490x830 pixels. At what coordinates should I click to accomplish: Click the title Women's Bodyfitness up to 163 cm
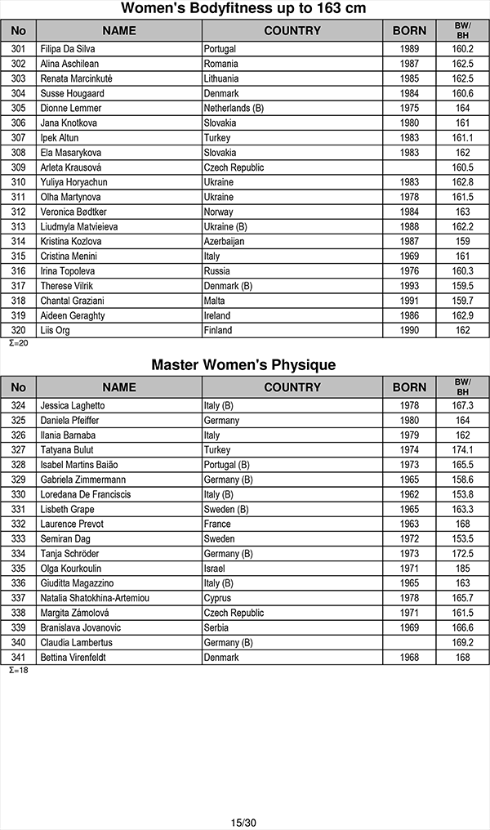click(243, 9)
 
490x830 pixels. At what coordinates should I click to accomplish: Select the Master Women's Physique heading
click(243, 365)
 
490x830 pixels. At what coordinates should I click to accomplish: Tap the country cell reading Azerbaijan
click(225, 242)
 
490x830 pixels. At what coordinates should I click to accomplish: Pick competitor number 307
click(19, 138)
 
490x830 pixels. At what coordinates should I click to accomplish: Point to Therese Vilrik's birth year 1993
click(409, 286)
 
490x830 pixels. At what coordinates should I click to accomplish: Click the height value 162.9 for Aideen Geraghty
click(462, 315)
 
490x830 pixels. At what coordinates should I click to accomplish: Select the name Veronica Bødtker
click(73, 212)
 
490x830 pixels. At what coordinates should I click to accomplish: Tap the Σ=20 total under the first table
click(18, 343)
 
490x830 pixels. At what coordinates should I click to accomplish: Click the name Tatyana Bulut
click(67, 450)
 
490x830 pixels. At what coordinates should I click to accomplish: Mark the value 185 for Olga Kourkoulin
click(462, 569)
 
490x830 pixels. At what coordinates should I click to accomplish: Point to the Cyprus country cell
click(217, 598)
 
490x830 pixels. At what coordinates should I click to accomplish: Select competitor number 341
click(19, 658)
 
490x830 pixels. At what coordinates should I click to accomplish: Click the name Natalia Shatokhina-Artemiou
click(95, 598)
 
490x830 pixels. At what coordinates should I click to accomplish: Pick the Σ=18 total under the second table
click(18, 670)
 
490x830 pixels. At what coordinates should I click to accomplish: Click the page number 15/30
click(243, 822)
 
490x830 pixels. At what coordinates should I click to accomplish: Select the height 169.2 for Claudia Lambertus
click(462, 643)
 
